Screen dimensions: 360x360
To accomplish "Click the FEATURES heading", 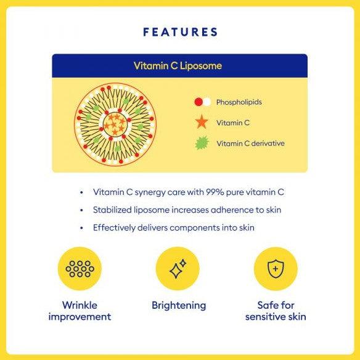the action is point(180,32).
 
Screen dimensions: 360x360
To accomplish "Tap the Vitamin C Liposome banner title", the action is point(178,66).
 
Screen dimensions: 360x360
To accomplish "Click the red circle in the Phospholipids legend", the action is point(198,102).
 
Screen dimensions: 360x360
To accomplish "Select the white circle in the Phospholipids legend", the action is point(207,102).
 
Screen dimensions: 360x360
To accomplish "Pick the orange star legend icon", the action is point(202,122).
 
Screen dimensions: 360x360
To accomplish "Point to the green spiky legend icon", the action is point(202,143).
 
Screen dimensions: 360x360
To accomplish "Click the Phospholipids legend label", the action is point(239,102).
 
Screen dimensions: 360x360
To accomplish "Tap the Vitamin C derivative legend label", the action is point(250,144).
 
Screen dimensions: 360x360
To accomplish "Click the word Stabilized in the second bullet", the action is point(112,210).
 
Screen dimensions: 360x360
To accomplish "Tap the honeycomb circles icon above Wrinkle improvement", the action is point(80,269).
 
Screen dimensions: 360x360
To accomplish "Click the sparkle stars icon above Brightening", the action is point(178,269).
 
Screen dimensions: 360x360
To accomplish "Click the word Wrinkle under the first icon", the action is point(80,305).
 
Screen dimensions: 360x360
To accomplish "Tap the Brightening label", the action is point(179,306).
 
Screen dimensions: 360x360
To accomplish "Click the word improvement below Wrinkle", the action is point(80,317).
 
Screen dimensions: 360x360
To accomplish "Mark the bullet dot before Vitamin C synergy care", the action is point(81,192).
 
